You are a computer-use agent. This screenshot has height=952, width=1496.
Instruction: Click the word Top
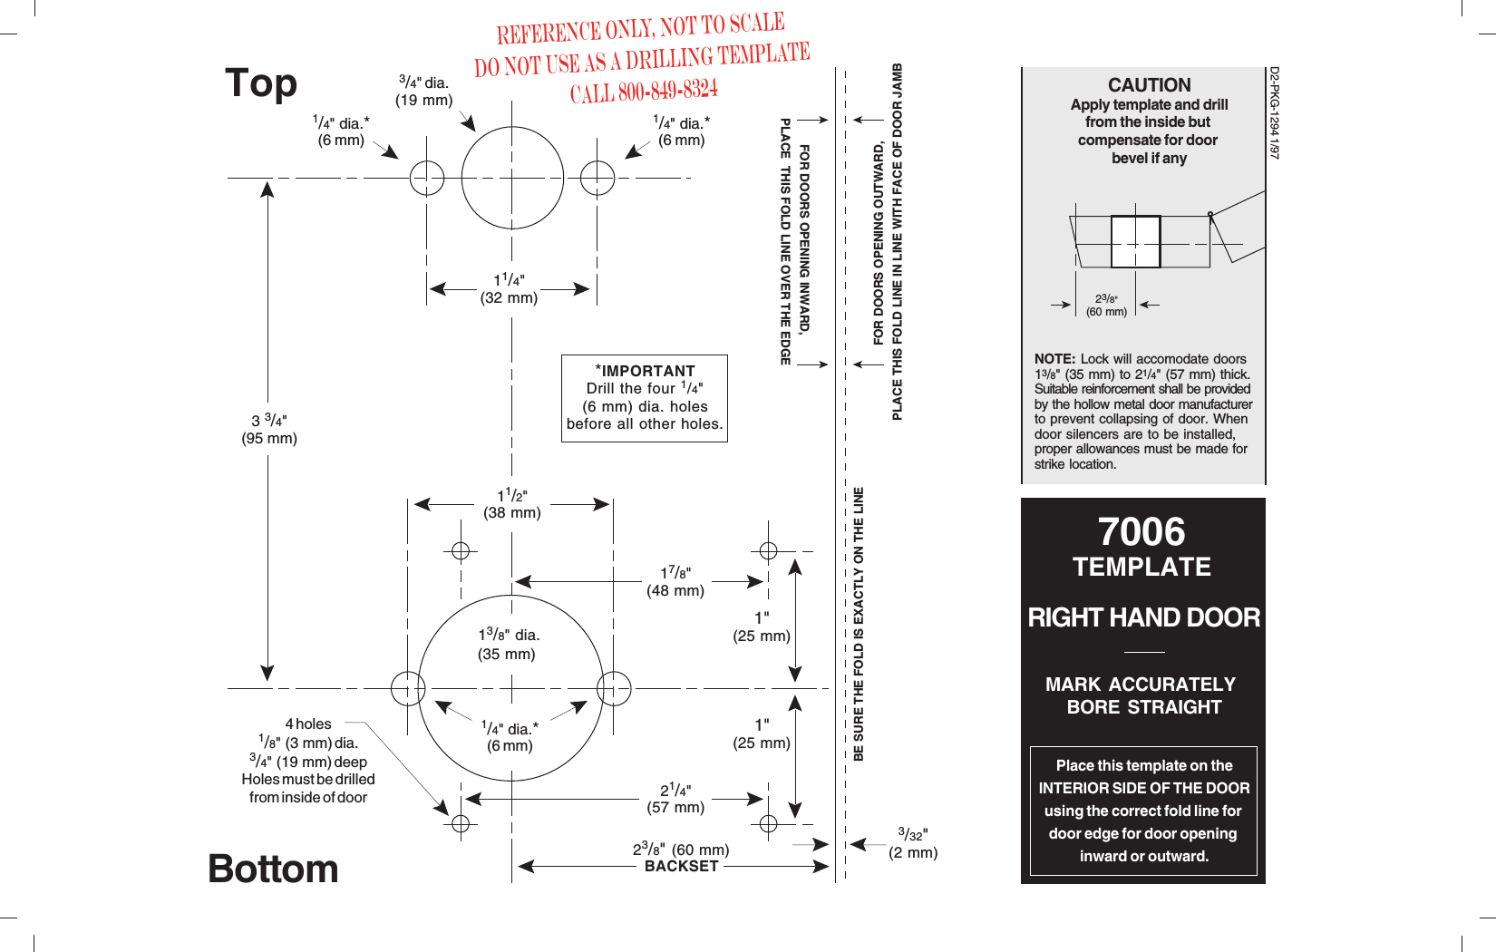(261, 83)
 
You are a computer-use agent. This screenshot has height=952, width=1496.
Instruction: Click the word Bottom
(273, 869)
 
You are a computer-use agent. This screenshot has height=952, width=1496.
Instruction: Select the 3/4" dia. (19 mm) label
(423, 91)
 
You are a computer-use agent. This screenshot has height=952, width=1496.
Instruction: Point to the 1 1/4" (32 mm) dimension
(509, 289)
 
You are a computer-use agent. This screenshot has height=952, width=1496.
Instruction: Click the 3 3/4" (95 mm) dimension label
(269, 429)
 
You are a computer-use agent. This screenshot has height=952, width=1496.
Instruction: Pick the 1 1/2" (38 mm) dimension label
(512, 504)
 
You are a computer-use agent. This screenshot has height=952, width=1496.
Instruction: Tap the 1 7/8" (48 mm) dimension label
(675, 581)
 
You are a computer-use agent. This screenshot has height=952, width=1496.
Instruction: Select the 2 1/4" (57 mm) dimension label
(675, 799)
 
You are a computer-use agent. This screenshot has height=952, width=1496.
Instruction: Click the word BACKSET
(681, 867)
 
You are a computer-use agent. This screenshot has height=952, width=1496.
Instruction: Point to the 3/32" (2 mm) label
(913, 843)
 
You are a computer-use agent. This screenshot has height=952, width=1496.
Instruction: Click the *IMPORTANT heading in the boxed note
(646, 371)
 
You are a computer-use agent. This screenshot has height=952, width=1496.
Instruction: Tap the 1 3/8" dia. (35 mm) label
(508, 644)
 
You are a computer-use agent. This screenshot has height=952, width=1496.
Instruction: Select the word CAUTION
(1149, 85)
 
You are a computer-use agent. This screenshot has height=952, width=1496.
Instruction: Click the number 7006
(1141, 531)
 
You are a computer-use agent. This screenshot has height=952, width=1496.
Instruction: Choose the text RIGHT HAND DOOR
(1143, 617)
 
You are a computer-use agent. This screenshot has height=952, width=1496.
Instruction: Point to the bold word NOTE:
(1054, 359)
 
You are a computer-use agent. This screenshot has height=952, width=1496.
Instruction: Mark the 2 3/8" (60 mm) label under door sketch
(1106, 306)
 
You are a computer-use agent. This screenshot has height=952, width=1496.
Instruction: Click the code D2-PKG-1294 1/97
(1274, 112)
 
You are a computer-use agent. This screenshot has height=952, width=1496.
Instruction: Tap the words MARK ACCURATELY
(1141, 685)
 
